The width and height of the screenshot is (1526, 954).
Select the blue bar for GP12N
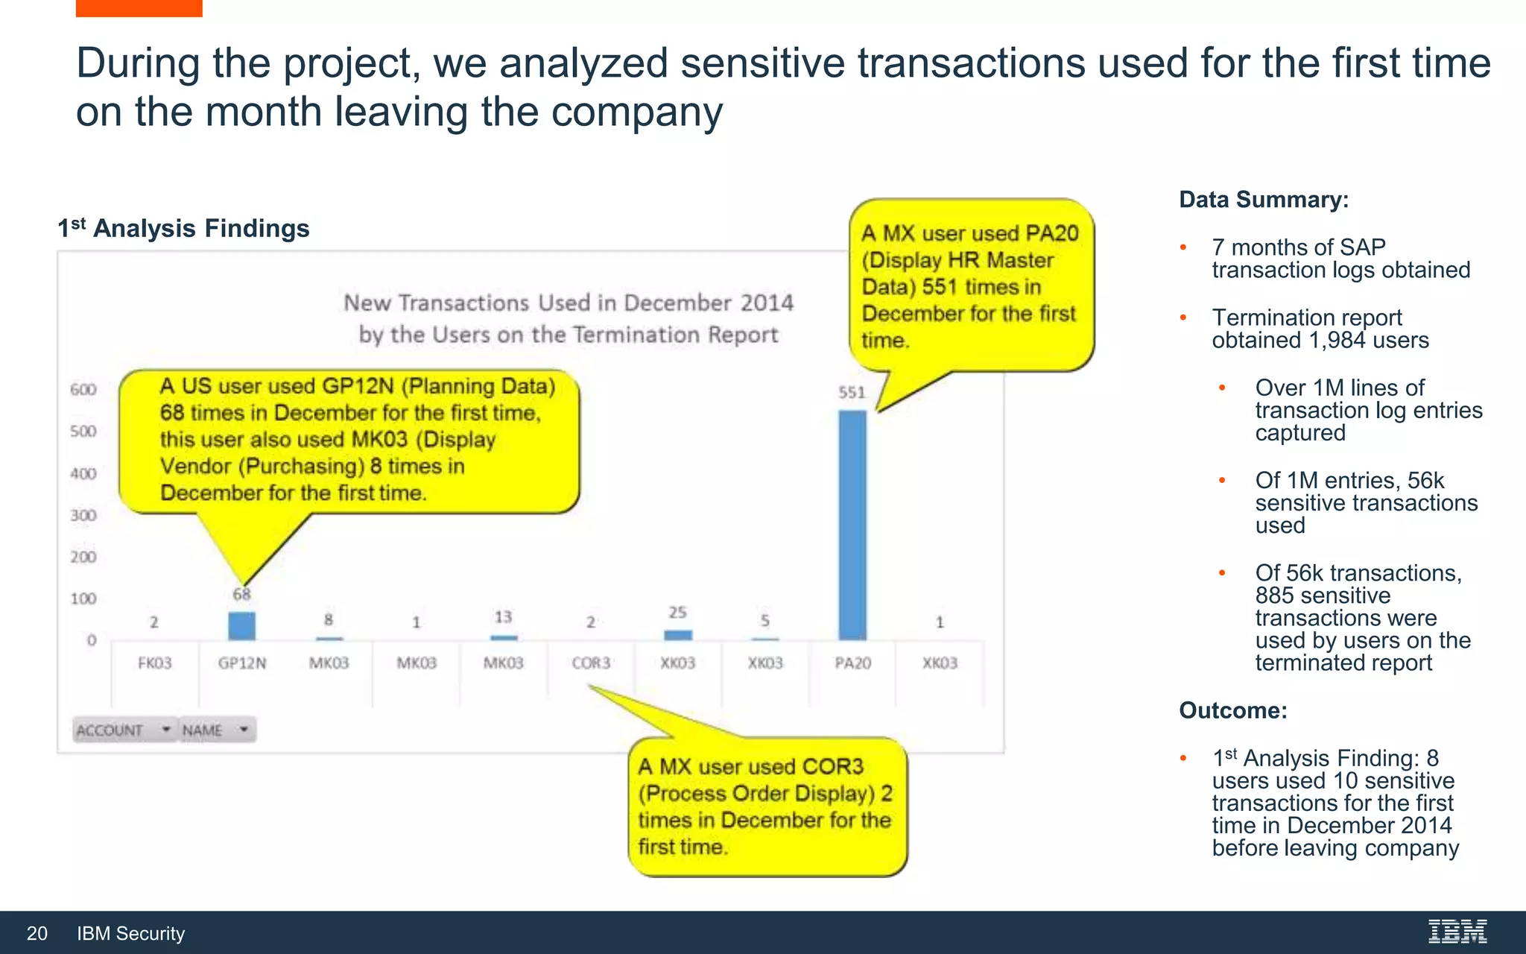click(x=241, y=626)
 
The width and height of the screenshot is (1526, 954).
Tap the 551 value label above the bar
click(x=852, y=392)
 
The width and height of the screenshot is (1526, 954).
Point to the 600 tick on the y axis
click(x=83, y=390)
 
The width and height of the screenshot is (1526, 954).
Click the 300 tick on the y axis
click(x=83, y=516)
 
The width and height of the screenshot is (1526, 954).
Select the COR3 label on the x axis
click(x=591, y=663)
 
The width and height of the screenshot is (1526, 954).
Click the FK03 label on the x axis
click(x=154, y=663)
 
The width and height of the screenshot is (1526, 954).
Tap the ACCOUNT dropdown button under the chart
click(x=124, y=730)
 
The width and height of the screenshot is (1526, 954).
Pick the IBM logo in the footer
click(x=1457, y=932)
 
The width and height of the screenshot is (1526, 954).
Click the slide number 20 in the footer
click(x=37, y=933)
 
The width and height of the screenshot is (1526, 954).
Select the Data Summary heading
click(x=1264, y=200)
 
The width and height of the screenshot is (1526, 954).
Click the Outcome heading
click(x=1232, y=710)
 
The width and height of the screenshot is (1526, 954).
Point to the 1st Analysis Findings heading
click(x=183, y=228)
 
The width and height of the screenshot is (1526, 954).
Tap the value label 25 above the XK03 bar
click(x=677, y=613)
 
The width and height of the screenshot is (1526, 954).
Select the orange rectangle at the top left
click(x=139, y=7)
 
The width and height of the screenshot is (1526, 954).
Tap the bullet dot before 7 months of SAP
click(x=1183, y=247)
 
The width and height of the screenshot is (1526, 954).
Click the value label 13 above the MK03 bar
click(x=503, y=617)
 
